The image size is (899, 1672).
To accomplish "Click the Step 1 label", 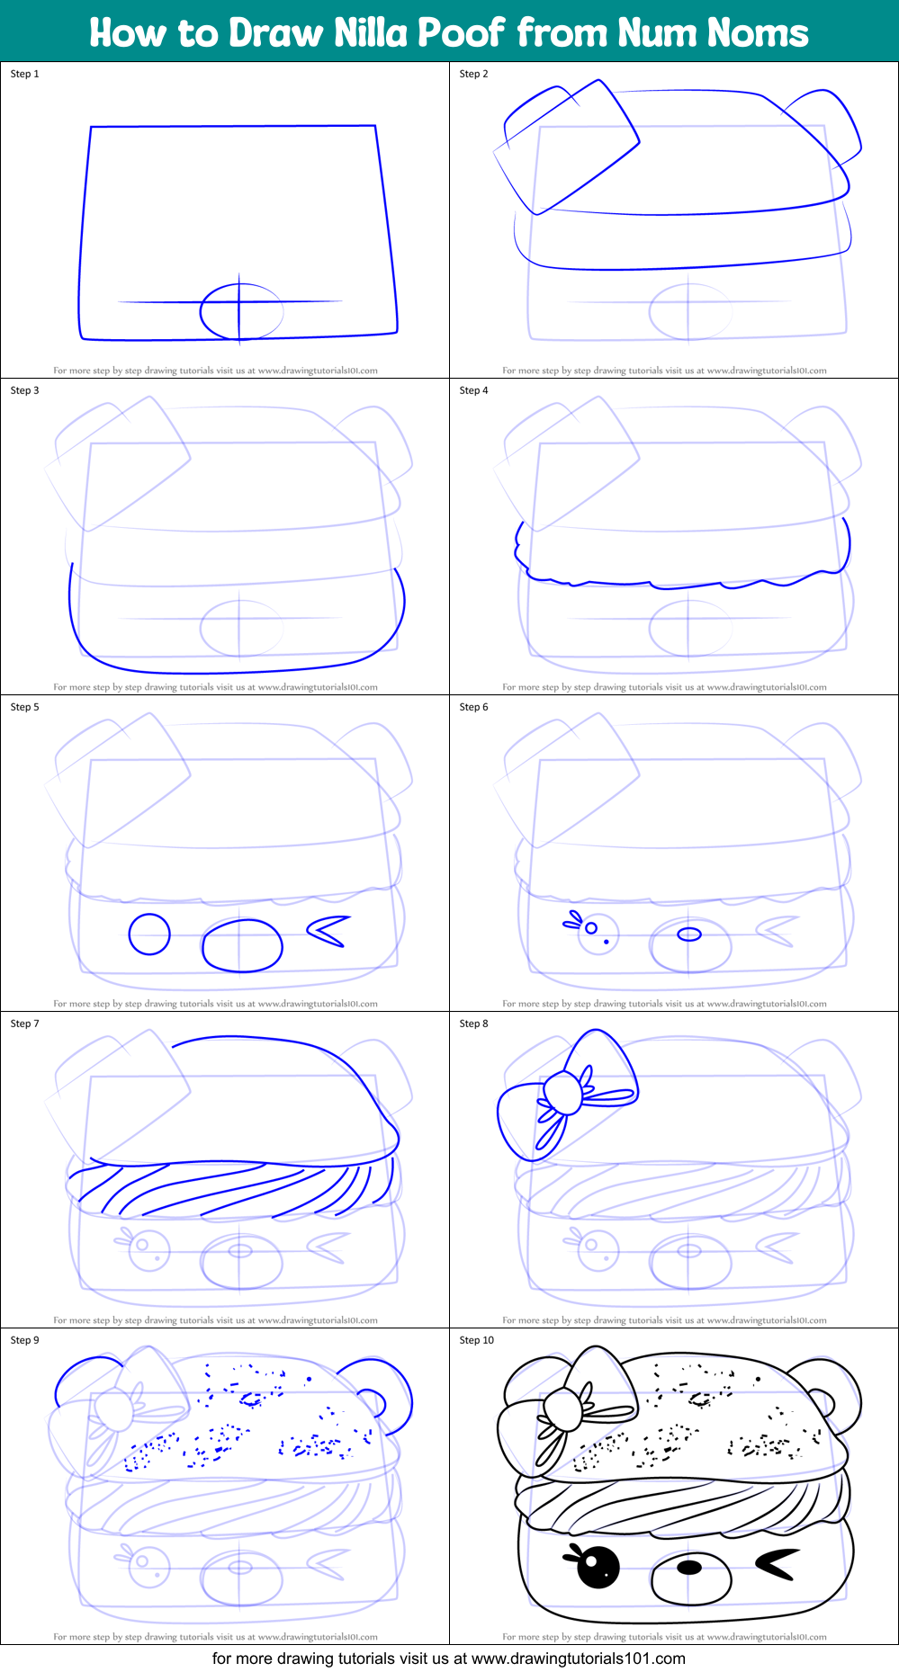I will [x=24, y=74].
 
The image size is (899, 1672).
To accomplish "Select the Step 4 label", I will [x=473, y=390].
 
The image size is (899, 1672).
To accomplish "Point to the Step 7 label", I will [x=24, y=1024].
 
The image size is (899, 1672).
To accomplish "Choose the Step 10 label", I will [x=476, y=1340].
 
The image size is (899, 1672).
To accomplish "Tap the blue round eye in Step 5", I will [x=149, y=934].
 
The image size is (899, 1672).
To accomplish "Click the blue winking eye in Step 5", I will [x=329, y=931].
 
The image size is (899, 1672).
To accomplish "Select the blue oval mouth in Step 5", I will [x=242, y=945].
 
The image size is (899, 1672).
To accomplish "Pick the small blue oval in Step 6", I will [x=689, y=934].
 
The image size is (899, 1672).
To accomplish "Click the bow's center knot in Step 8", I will [x=563, y=1093].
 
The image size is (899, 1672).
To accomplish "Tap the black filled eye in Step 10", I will [x=598, y=1567].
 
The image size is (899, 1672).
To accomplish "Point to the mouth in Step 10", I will [x=689, y=1568].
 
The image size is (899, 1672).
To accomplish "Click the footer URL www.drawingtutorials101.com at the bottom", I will [x=578, y=1659].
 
